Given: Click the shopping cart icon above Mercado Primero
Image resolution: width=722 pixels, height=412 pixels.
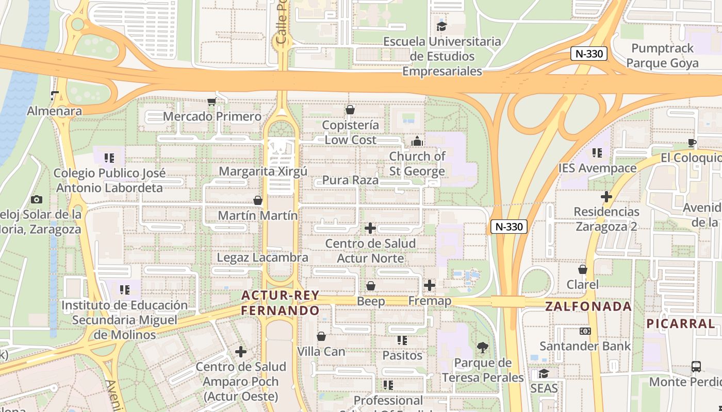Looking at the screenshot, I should pos(211,101).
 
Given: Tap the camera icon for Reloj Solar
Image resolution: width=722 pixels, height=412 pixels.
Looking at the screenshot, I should pos(37,199).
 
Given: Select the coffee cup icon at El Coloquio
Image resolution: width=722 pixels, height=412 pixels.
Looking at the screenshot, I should pos(692,143).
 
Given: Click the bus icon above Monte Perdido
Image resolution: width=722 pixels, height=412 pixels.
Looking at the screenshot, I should pos(696,367).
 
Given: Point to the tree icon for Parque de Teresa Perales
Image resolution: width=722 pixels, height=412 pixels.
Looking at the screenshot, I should pos(483,348).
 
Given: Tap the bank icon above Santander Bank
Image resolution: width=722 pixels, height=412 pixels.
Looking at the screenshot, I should pos(585,331).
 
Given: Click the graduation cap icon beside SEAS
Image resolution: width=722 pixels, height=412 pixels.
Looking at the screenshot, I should pos(544,373).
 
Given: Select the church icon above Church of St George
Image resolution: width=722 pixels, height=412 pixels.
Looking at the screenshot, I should pos(417,141).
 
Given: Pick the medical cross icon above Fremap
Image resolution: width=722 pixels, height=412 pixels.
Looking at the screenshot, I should pos(430,285).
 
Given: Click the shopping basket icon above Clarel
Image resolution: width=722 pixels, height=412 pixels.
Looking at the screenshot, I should pos(583,269).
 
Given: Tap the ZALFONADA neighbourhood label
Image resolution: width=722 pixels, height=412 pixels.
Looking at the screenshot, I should pos(588,306).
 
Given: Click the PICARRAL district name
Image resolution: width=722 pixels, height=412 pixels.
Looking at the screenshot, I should pos(681,324).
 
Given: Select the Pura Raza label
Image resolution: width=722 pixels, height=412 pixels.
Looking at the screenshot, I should pos(350,180).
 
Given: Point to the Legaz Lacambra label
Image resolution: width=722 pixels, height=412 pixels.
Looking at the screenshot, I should pos(262,257).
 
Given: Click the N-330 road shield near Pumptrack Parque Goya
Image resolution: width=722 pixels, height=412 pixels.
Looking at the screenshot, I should pos(589,54).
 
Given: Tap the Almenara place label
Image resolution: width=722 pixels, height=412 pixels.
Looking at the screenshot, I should pos(54,111).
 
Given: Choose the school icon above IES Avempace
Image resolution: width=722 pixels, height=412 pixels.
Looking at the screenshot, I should pos(597,153).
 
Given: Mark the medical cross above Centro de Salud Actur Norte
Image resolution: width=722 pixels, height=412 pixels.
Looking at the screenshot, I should pos(370,228).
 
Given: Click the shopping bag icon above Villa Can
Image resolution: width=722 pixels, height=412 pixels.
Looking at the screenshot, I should pos(321,336).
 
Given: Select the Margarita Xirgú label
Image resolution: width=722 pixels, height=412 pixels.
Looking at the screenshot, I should pos(263,171).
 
